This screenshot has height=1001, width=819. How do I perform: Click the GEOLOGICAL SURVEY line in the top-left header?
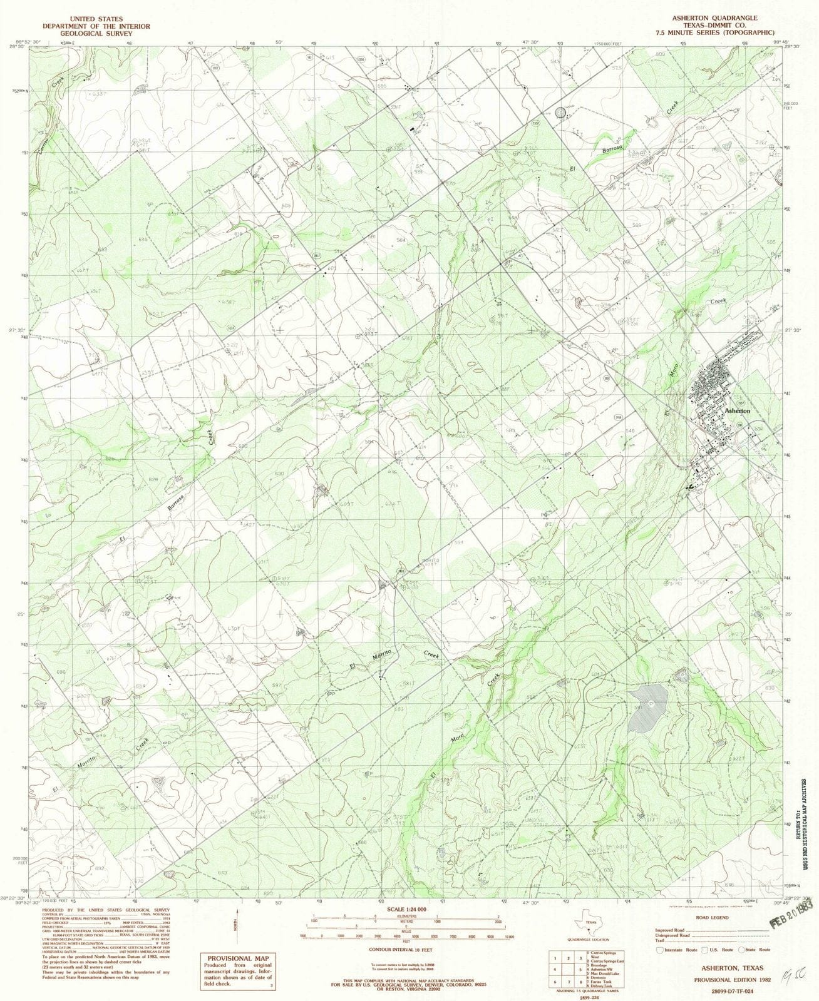96,34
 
